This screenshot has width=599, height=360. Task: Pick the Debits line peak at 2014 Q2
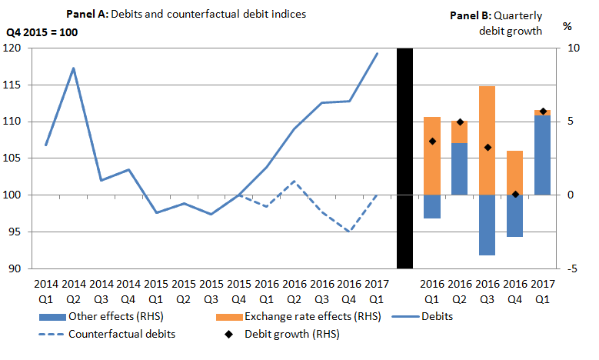coord(73,68)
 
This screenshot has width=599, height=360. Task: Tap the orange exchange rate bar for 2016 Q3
coord(487,140)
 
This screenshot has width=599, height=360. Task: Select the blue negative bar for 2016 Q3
coord(487,225)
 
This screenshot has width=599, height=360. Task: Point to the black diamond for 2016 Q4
coord(515,195)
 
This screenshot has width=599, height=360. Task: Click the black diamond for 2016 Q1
coord(432,141)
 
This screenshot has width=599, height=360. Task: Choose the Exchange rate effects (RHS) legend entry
coord(300,316)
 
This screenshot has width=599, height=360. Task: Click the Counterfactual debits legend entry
coord(115,334)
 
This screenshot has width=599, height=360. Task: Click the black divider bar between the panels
coord(404,158)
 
